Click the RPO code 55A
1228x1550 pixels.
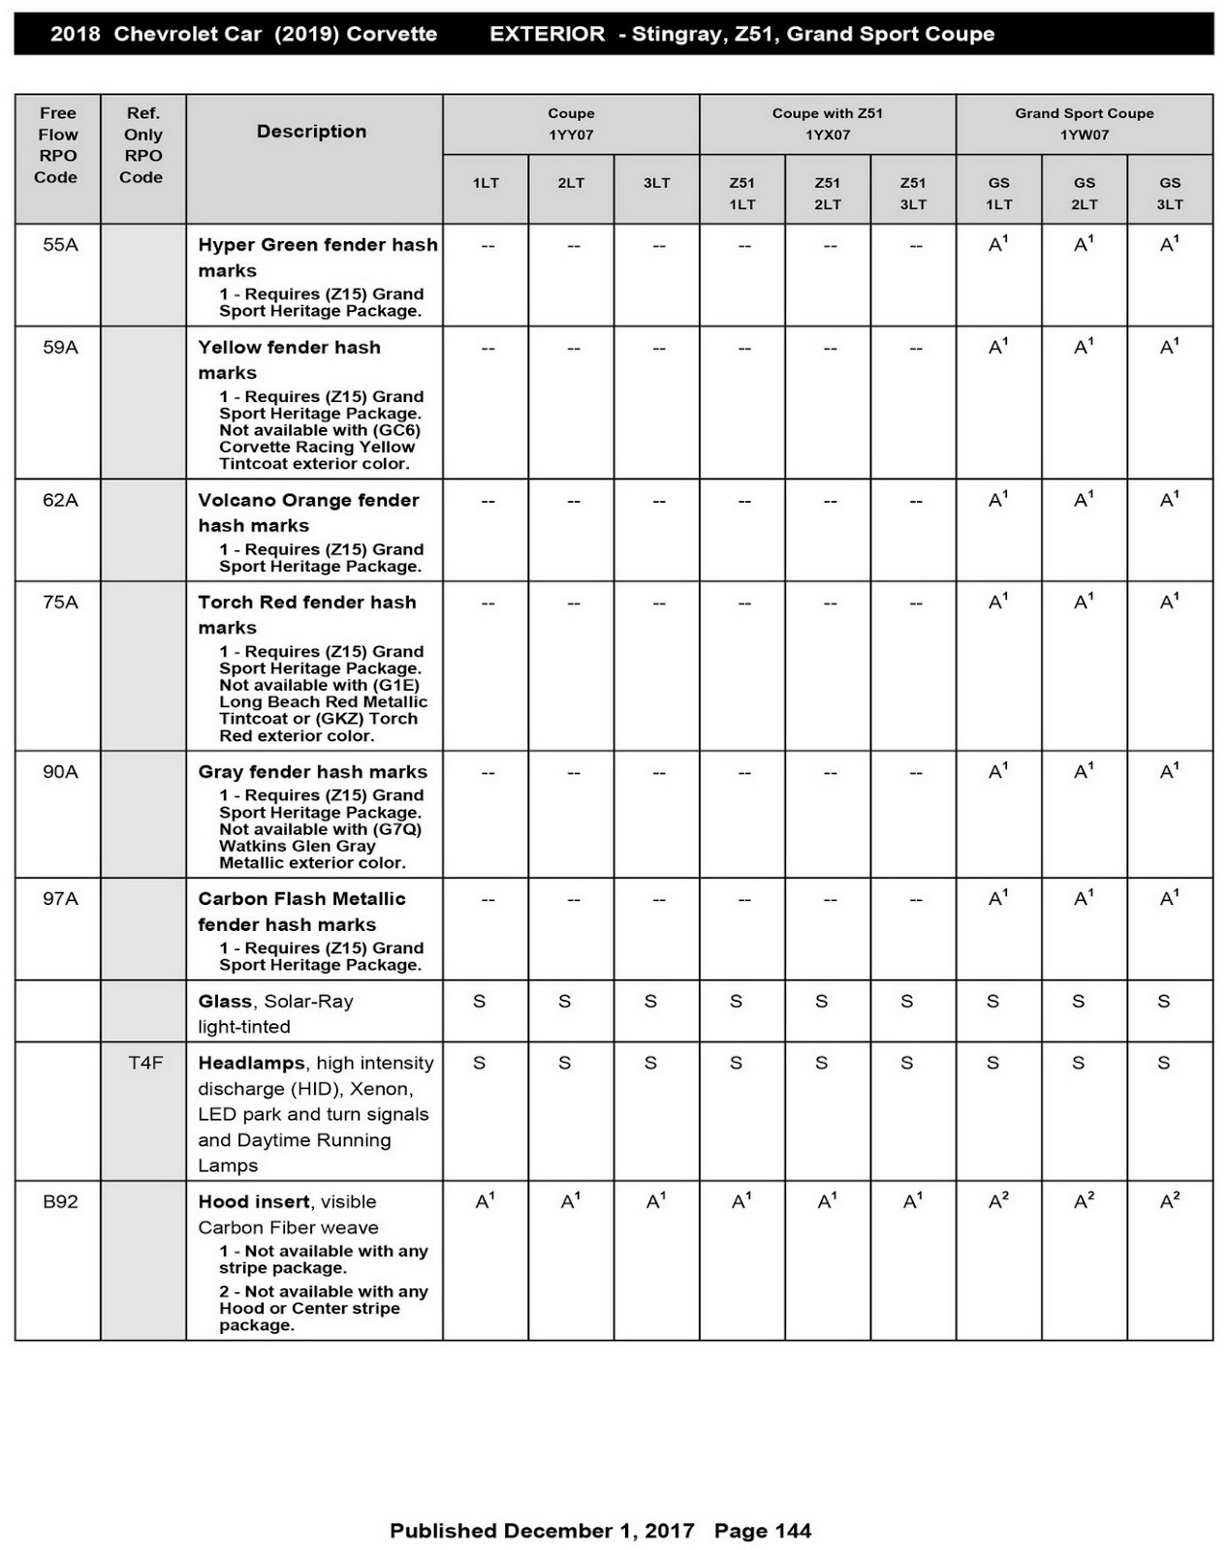tap(60, 245)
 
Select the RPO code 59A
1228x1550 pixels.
tap(60, 348)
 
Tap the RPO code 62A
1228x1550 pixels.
tap(60, 501)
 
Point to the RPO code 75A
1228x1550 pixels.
tap(60, 603)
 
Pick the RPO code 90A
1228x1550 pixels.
tap(60, 772)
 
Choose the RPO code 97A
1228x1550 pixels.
tap(60, 899)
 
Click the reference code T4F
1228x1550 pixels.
tap(145, 1064)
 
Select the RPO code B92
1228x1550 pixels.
tap(60, 1202)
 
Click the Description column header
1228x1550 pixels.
tap(311, 132)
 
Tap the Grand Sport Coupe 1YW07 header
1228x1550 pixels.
tap(1084, 124)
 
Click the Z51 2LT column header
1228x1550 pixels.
tap(827, 193)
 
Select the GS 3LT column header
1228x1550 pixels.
tap(1170, 193)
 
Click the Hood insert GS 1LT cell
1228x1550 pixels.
tap(998, 1202)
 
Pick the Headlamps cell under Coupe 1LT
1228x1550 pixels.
tap(480, 1064)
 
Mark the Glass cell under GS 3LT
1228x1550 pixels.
tap(1164, 1002)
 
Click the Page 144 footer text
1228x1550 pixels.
tap(763, 1531)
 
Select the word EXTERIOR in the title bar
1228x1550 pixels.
tap(547, 34)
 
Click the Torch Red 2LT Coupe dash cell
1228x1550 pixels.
tap(573, 604)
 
